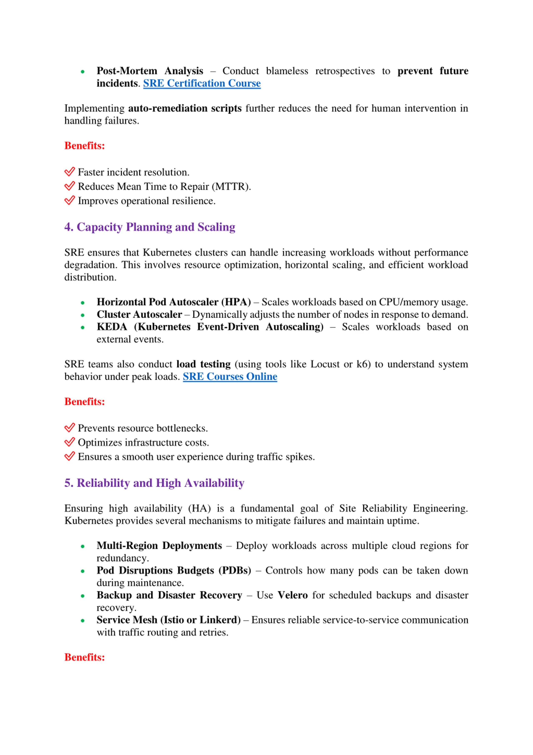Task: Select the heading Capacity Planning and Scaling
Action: [x=150, y=227]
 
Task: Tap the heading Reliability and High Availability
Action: [x=154, y=483]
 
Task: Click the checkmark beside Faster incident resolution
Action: [x=70, y=172]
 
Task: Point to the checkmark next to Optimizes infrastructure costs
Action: [x=70, y=442]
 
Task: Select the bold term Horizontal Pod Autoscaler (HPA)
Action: [x=174, y=302]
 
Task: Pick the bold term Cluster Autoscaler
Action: [x=139, y=315]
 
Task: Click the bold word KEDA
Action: [x=112, y=327]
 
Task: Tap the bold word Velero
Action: [x=293, y=595]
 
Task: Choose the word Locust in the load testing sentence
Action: [x=325, y=364]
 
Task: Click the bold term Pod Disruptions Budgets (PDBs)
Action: [x=174, y=570]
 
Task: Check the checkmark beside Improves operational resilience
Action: [x=70, y=200]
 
